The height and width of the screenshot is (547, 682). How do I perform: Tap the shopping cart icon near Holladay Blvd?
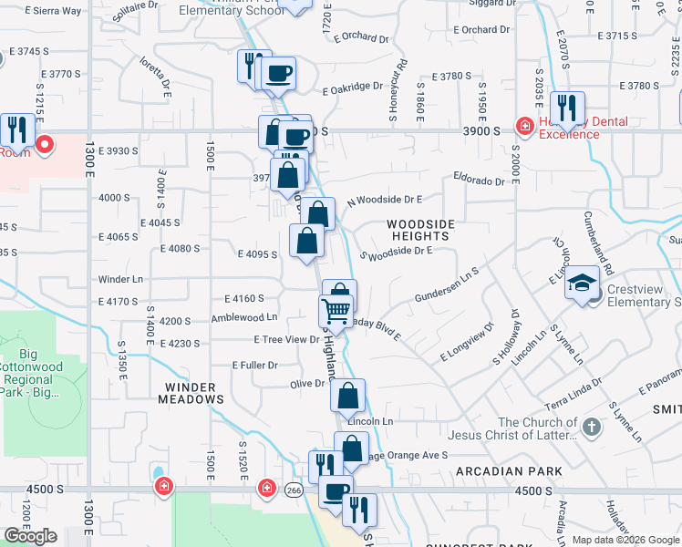(336, 312)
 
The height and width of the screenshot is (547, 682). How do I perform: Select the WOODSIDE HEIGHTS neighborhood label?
(420, 230)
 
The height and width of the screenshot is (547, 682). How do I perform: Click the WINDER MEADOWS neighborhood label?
(191, 393)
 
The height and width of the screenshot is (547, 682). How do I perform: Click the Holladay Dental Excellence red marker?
(525, 126)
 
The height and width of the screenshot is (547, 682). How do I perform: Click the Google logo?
(30, 536)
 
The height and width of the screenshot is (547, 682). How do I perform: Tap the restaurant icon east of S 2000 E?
(567, 108)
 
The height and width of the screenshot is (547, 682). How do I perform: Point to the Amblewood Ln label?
(243, 317)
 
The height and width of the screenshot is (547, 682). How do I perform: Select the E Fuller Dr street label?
(254, 365)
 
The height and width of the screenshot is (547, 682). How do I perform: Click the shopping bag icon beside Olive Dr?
(347, 397)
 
